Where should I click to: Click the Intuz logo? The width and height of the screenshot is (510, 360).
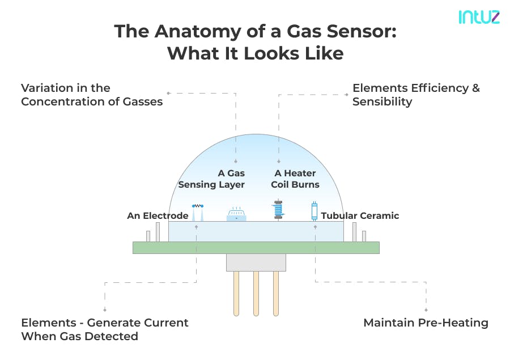click(x=479, y=17)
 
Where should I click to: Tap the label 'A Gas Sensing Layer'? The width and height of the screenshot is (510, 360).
click(x=212, y=179)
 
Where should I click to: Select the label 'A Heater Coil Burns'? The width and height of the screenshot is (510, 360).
click(x=296, y=179)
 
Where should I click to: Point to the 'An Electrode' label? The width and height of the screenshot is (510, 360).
click(x=158, y=215)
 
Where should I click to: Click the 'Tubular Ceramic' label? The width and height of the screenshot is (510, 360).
click(x=360, y=215)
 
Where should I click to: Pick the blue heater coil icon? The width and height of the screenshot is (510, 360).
click(x=278, y=210)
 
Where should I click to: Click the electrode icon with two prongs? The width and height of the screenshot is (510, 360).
click(x=197, y=212)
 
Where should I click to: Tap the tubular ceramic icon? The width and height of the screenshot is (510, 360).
click(x=314, y=211)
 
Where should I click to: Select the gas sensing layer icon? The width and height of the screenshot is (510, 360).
click(x=236, y=215)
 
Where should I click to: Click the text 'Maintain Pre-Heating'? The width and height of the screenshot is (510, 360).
click(x=426, y=323)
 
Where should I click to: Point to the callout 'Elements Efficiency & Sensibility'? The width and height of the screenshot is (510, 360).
click(x=416, y=95)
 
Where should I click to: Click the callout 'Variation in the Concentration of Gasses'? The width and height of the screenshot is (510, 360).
click(x=92, y=95)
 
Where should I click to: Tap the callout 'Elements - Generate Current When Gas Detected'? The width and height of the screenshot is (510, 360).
click(x=105, y=329)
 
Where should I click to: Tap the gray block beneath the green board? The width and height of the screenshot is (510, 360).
click(x=256, y=262)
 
